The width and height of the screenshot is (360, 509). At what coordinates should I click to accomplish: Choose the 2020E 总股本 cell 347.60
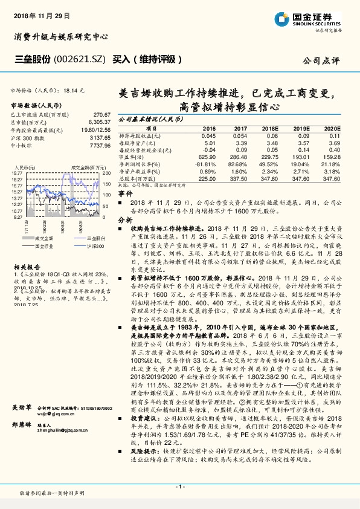(331, 178)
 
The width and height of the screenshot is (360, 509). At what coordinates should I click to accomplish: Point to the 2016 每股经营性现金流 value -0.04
(209, 149)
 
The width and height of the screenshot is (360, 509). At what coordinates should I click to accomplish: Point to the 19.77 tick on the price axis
(17, 173)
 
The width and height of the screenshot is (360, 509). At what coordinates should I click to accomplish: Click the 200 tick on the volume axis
(105, 173)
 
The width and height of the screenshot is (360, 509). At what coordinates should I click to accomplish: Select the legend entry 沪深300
(94, 247)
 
